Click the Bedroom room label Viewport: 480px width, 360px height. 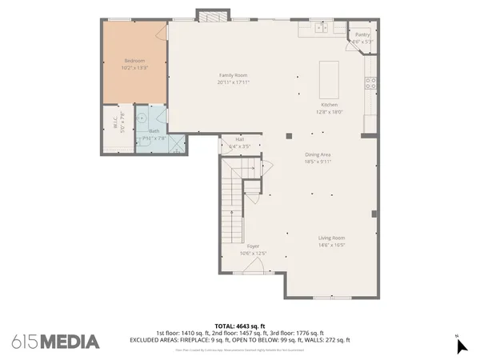tap(134, 61)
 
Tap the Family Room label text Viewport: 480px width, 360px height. tap(234, 75)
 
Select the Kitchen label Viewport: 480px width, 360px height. tap(330, 105)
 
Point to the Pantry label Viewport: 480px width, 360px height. tap(362, 34)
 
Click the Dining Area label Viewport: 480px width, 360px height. tap(318, 155)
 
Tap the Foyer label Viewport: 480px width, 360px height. tap(253, 246)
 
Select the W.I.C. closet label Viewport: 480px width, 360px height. tap(114, 124)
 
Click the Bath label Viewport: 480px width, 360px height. tap(154, 131)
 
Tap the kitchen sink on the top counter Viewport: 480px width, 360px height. tap(320, 28)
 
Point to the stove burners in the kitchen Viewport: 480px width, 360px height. tap(370, 82)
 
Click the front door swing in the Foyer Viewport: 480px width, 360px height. tap(254, 266)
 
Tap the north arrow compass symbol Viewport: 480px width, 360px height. tap(461, 345)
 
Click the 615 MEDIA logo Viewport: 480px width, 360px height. tap(56, 342)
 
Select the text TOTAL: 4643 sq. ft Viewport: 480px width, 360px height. tap(240, 326)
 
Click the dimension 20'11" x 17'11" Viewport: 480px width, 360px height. tap(234, 82)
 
